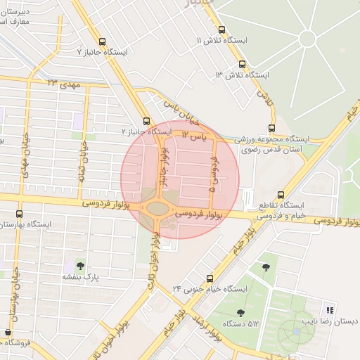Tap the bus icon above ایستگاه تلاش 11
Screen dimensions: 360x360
(222, 30)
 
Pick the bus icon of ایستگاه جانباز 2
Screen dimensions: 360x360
(146, 121)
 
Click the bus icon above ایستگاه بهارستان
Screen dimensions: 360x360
(20, 213)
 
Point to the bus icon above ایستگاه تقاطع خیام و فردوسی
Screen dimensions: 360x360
(281, 195)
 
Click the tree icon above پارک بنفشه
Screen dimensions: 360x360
(79, 266)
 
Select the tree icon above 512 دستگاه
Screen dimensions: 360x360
(240, 313)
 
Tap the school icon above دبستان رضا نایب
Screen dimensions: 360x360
(328, 310)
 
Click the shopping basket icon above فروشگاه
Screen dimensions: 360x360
(8, 332)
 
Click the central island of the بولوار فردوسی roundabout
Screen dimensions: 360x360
(157, 207)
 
